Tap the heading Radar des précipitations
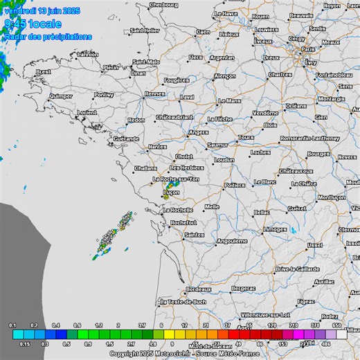coord(47,36)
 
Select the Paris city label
coord(309,50)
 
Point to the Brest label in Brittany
coord(44,71)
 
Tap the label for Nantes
coord(157,146)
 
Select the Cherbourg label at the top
coord(163,5)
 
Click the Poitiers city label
coord(235,185)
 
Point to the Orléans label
coord(296,105)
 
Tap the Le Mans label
coord(229,100)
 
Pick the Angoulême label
coord(231,241)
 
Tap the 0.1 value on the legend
coord(12,325)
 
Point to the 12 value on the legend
coord(184,325)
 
